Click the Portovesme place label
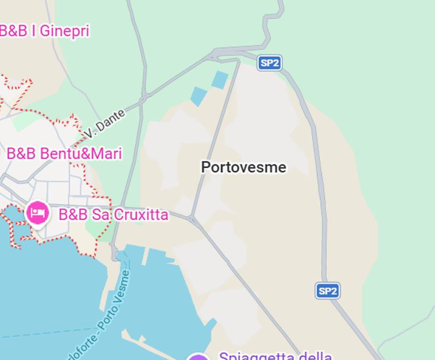pos(244,167)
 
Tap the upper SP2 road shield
pos(269,63)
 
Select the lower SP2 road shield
pos(327,291)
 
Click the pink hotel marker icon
pos(38,213)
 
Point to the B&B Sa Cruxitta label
pos(113,215)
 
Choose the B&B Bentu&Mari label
pos(64,154)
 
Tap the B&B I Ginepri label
pos(44,31)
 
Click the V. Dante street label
pos(105,124)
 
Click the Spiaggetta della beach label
pos(275,357)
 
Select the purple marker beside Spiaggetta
pos(198,357)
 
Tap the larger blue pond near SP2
pos(220,80)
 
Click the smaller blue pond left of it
pos(198,96)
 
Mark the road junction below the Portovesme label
pos(191,218)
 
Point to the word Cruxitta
pos(140,215)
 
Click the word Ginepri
pos(64,31)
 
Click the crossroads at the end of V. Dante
pos(144,98)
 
